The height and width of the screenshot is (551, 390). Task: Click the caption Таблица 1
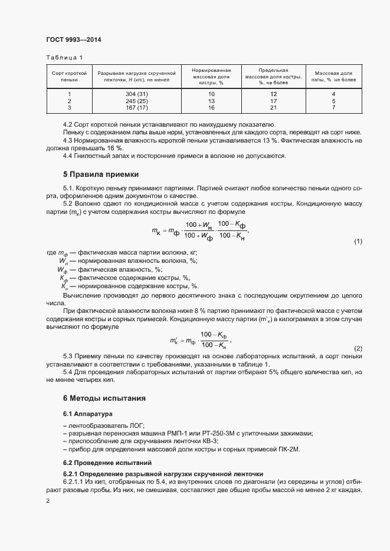65,57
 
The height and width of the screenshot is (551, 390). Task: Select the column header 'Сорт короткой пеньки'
69,75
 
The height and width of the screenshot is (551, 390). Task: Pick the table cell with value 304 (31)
136,94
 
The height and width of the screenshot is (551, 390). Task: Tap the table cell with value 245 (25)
136,101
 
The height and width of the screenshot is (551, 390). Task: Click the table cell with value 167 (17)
136,108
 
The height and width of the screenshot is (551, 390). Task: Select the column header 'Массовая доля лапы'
333,75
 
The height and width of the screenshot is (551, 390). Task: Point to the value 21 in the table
273,108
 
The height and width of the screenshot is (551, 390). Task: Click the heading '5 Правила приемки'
101,174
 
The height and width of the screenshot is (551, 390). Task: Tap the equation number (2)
358,349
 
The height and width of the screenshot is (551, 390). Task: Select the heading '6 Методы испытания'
105,398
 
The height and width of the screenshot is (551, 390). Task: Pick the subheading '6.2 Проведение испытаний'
107,463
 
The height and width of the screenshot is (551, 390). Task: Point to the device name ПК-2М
289,450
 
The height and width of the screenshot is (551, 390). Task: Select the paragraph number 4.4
68,156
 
